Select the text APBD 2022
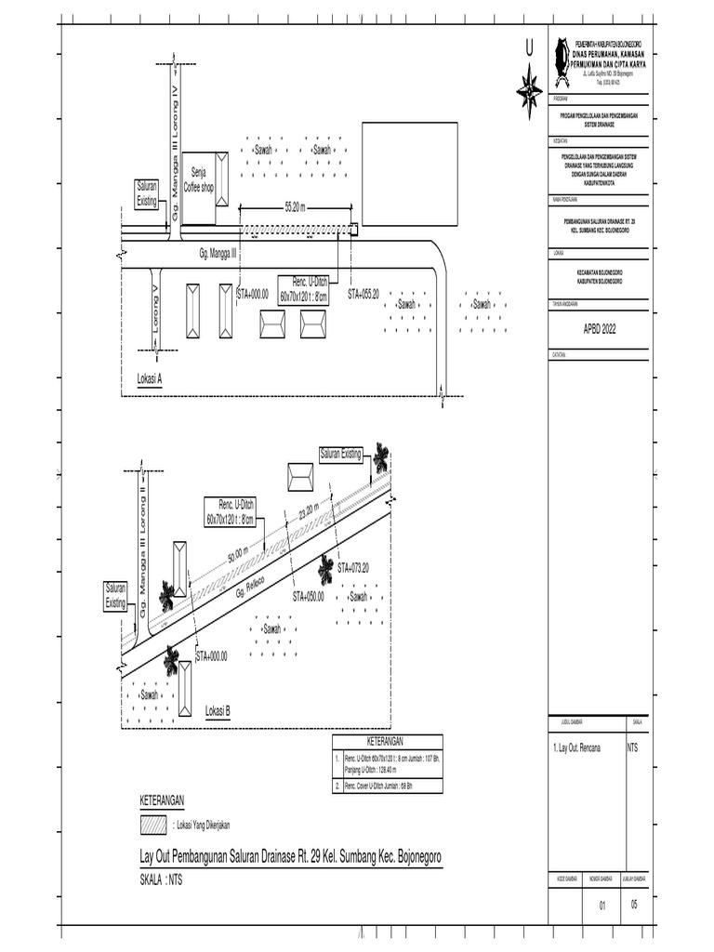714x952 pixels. point(599,329)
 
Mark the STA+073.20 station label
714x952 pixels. point(353,567)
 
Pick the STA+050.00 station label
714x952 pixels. point(309,596)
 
